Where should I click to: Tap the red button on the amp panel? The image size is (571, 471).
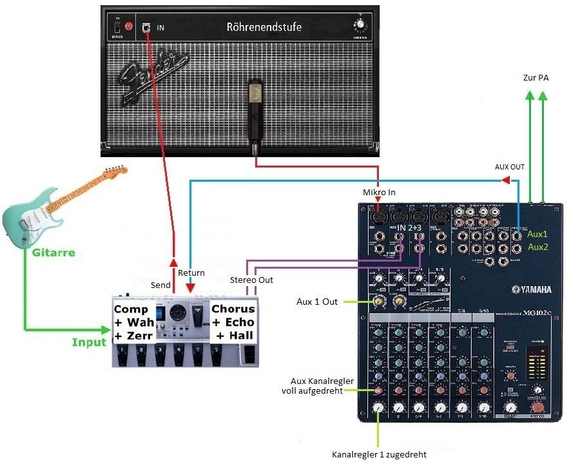point(129,27)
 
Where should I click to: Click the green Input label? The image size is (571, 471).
point(89,341)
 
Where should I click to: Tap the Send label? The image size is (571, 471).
point(160,285)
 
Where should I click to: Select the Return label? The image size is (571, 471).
point(191,273)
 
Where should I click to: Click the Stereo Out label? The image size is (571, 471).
point(251,280)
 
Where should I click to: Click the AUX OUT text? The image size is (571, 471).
point(509,166)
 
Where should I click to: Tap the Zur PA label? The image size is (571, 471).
point(536,78)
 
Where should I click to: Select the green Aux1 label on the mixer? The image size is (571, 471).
point(537,235)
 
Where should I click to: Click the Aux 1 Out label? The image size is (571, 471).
point(317,301)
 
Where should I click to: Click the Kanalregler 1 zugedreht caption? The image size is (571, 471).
point(379,454)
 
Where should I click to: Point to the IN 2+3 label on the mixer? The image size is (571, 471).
point(410,228)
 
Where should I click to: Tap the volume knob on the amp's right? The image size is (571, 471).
point(360,25)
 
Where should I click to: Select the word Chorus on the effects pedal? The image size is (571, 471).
point(233,309)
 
